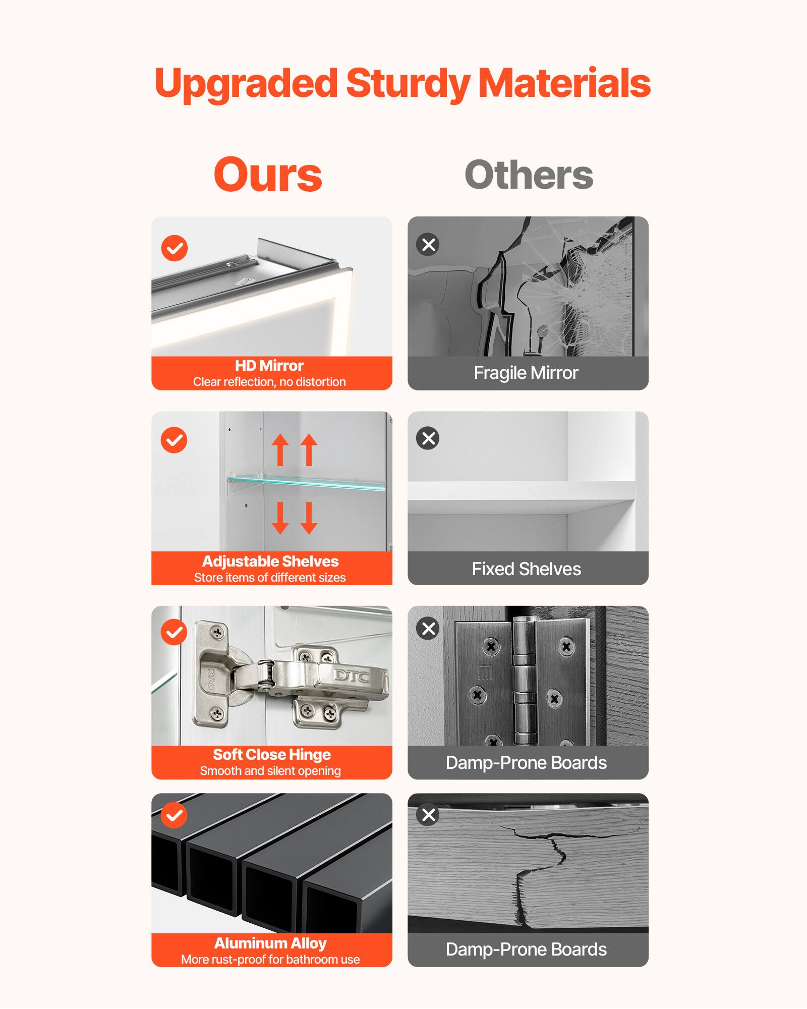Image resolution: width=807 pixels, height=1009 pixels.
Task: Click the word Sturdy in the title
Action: point(408,84)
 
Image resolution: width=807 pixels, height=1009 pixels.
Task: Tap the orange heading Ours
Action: point(267,175)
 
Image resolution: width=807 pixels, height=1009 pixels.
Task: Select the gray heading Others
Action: point(529,175)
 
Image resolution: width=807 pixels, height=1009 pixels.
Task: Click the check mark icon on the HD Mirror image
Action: point(175,248)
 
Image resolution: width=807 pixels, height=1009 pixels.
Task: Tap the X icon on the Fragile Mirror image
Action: point(428,245)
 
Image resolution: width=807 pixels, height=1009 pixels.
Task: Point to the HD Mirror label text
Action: point(269,365)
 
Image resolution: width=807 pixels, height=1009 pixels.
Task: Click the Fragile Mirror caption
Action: point(526,373)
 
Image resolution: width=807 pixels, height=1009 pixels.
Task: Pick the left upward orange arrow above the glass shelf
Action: point(280,450)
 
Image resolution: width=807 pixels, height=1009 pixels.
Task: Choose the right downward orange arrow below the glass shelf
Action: point(309,518)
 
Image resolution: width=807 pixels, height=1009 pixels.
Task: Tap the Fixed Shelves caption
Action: point(526,569)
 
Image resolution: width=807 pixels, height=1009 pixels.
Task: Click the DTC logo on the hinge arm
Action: point(352,676)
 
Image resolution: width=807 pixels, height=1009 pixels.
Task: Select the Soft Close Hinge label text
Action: point(271,754)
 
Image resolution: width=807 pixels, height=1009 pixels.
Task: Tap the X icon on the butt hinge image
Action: point(428,629)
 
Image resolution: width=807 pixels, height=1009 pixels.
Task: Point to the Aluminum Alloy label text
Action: point(270,943)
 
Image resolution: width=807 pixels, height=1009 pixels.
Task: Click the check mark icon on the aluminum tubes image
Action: point(175,816)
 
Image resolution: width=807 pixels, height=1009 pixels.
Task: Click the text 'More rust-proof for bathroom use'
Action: point(270,960)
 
